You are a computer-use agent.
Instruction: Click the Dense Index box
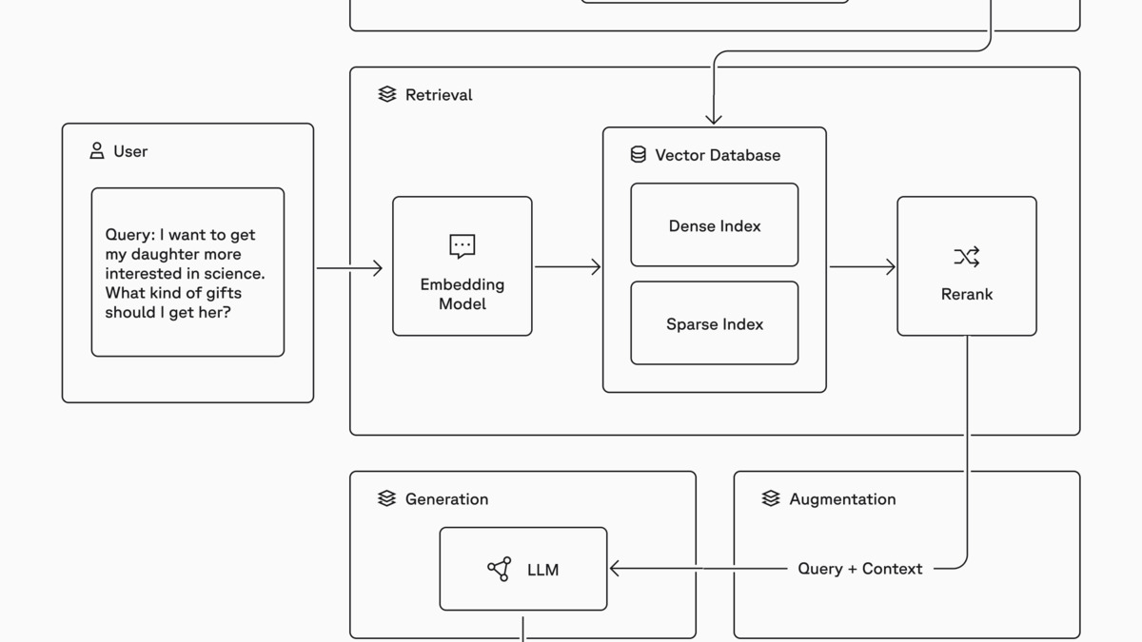pos(714,225)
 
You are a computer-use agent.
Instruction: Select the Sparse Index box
pos(714,324)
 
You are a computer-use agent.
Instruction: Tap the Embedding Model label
pos(463,294)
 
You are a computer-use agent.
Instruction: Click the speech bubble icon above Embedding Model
pos(463,246)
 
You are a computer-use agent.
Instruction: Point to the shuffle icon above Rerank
pos(966,257)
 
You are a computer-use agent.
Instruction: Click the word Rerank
pos(966,295)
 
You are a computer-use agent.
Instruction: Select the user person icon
pos(97,151)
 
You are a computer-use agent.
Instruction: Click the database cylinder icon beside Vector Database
pos(639,155)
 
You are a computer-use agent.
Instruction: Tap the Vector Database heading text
pos(718,155)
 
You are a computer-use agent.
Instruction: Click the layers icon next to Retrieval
pos(387,94)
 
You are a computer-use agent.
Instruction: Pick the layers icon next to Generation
pos(387,498)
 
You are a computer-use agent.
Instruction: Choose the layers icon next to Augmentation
pos(771,498)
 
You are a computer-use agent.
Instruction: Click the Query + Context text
pos(859,569)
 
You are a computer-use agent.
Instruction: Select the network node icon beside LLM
pos(500,569)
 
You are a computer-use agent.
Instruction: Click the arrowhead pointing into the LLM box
pos(615,569)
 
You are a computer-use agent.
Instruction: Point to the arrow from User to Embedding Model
pos(349,268)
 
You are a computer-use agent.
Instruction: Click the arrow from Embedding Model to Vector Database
pos(568,267)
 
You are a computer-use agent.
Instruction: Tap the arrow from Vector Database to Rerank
pos(862,267)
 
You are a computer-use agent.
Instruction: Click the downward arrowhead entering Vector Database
pos(714,120)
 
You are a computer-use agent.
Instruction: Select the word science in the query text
pos(234,274)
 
